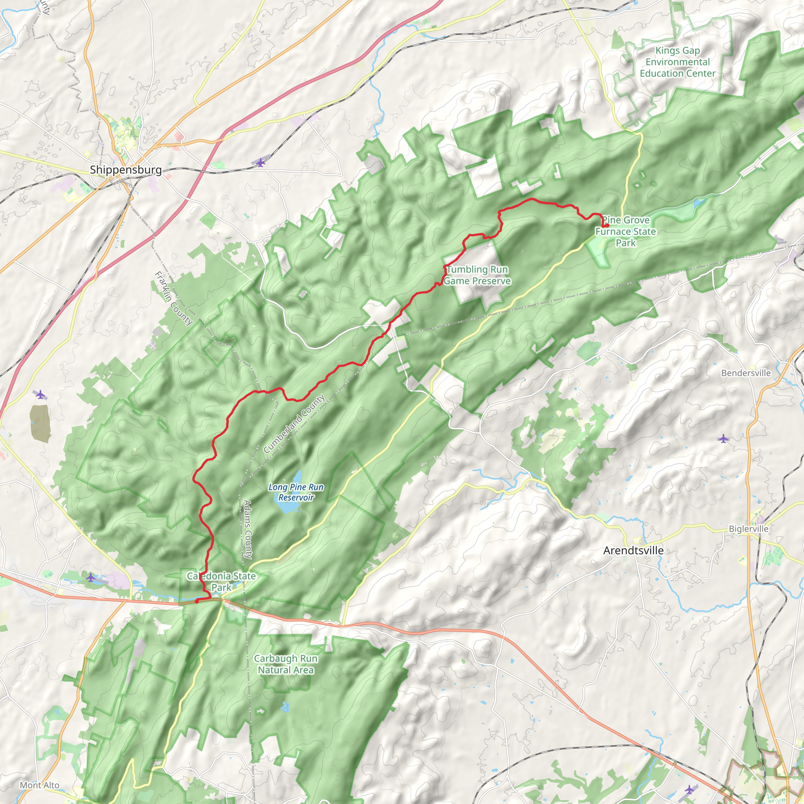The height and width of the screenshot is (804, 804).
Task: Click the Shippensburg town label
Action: pos(126,170)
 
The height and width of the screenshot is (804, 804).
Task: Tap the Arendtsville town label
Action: pos(633,550)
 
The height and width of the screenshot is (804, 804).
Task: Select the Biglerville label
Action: pos(749,528)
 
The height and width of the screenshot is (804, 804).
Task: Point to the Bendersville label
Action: pos(746,373)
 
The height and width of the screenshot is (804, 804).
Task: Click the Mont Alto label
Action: pos(40,785)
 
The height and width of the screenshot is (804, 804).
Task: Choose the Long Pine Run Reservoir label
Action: pos(296,492)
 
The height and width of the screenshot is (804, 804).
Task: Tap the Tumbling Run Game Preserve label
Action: pos(477,275)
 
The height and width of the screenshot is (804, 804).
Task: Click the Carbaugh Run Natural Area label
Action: pos(286,664)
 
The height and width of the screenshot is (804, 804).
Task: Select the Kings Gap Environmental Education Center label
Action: pos(678,62)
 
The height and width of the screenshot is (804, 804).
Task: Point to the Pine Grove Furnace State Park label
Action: pos(625,231)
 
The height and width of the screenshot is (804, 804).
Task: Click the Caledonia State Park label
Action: pos(221,581)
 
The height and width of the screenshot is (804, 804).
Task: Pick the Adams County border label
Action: pos(248,529)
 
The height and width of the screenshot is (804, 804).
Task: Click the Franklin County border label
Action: pos(174,298)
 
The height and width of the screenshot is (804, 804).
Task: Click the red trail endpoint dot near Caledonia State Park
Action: pos(196,601)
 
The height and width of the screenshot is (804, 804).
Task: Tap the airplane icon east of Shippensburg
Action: pos(261,162)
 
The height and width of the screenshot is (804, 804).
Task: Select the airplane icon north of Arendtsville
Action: pos(724,439)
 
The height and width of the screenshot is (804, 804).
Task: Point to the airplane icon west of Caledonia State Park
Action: pos(91,577)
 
